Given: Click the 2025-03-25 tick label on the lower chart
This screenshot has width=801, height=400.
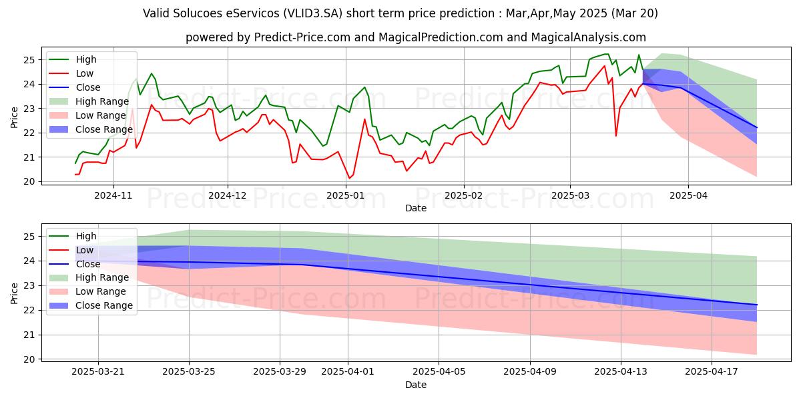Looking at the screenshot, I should (x=189, y=372).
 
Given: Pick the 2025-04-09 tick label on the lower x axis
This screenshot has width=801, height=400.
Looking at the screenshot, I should (x=530, y=372).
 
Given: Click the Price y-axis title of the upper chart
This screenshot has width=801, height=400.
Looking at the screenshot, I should (x=15, y=117).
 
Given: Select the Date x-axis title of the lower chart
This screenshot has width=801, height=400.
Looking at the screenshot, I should (x=416, y=385).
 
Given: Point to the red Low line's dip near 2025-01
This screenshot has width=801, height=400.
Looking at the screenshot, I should (x=349, y=178).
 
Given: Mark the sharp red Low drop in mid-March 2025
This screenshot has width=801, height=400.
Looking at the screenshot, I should (x=615, y=136).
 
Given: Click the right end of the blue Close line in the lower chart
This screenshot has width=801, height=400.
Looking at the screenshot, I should (x=756, y=305).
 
